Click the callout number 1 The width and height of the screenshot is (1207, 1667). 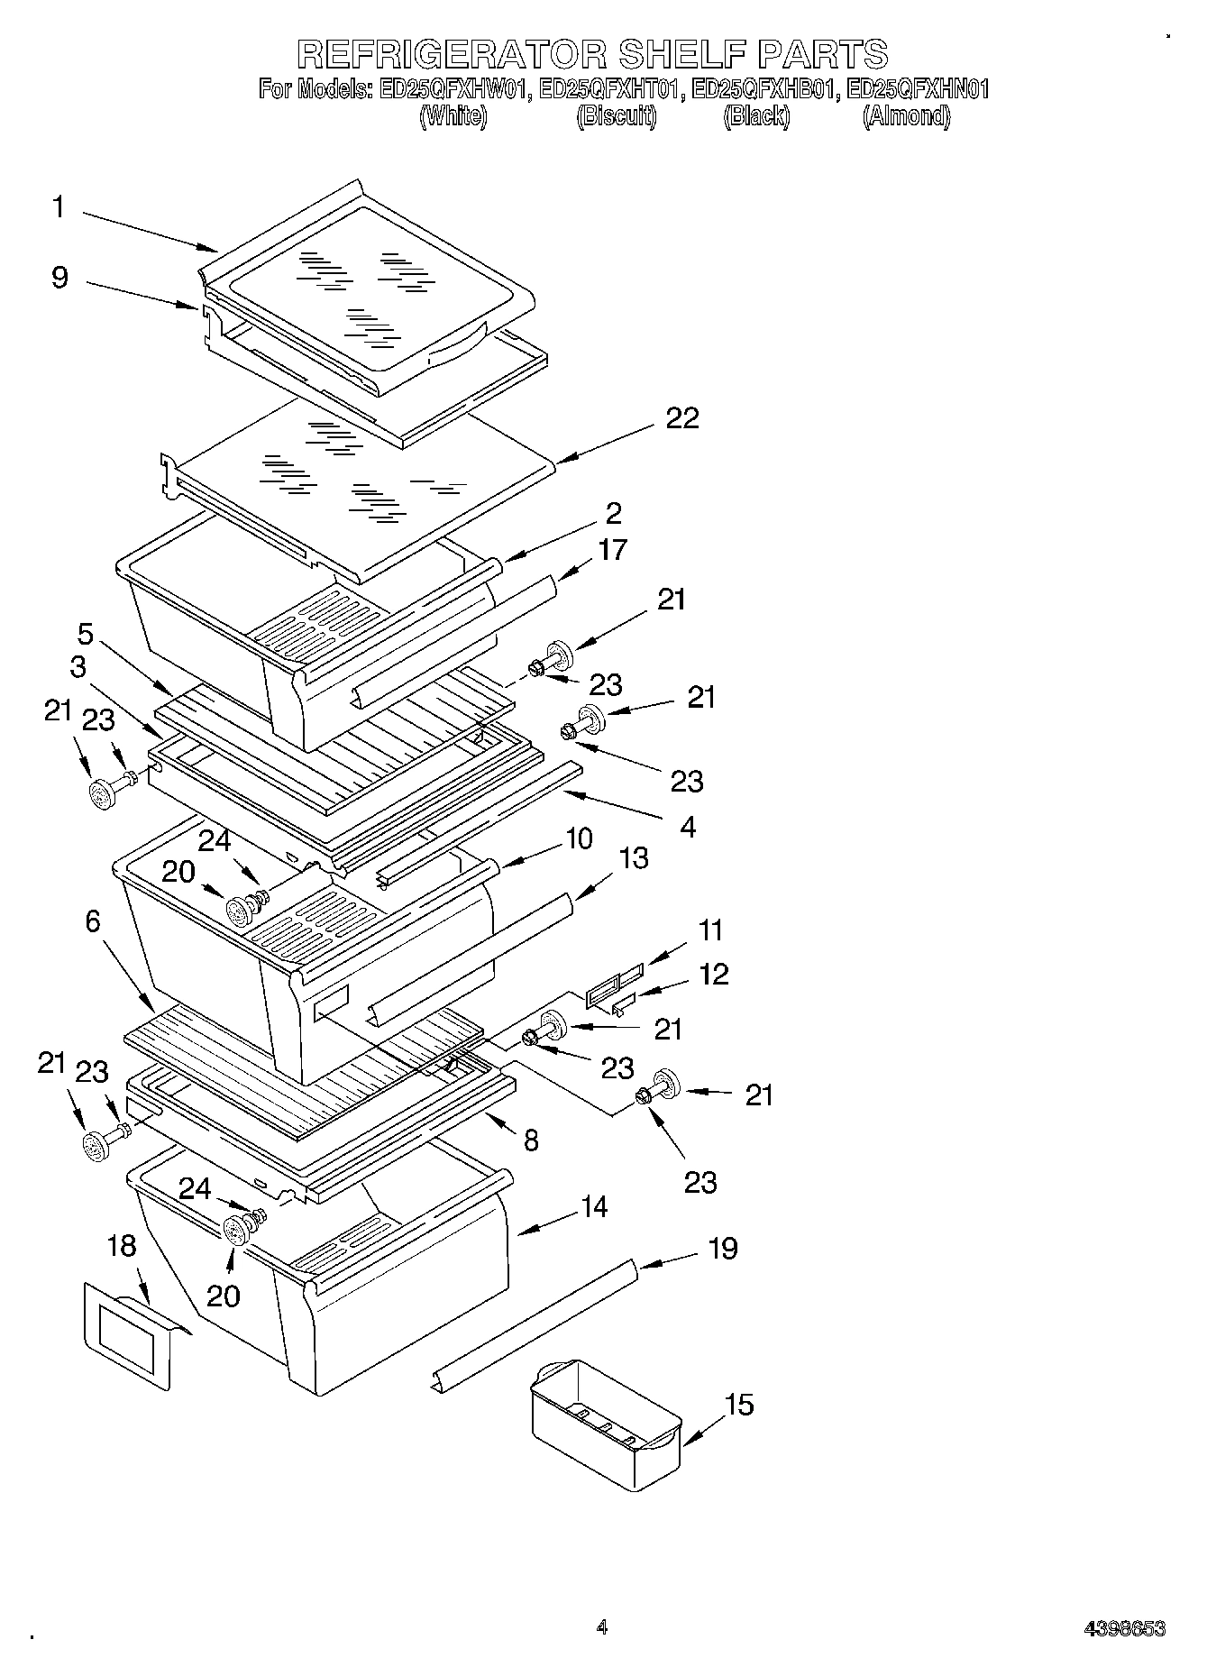click(59, 207)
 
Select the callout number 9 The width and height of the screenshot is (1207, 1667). click(59, 277)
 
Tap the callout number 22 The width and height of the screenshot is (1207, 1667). click(682, 418)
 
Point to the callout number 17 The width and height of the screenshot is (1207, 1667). click(612, 549)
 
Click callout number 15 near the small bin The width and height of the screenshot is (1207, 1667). click(739, 1405)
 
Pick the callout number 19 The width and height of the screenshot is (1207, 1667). click(723, 1248)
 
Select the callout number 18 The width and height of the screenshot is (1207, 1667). click(122, 1247)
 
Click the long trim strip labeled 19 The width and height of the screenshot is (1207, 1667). click(532, 1325)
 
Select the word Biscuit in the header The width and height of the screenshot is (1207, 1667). click(617, 116)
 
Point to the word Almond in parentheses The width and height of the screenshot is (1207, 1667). click(906, 116)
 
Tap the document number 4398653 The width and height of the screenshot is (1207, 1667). click(1124, 1629)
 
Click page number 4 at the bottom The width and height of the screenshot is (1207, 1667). click(602, 1627)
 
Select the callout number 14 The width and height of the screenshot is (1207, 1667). click(593, 1206)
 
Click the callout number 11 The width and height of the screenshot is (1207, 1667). click(710, 930)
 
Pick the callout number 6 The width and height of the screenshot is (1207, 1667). click(93, 921)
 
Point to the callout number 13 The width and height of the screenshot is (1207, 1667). click(634, 857)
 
